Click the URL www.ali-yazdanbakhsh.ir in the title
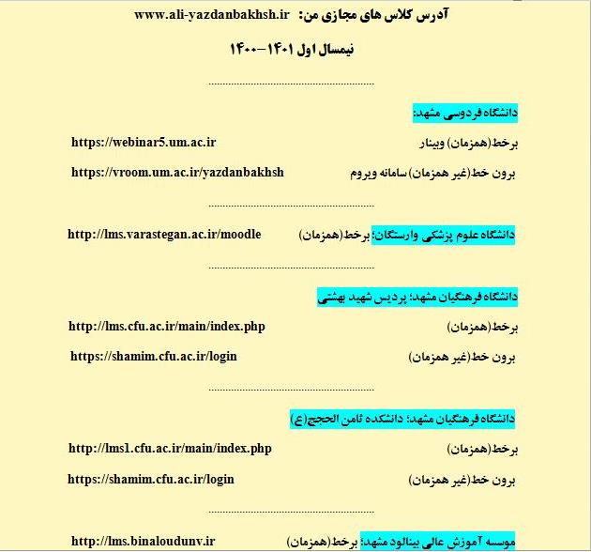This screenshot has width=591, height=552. tap(212, 15)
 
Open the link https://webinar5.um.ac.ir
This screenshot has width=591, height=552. tap(144, 143)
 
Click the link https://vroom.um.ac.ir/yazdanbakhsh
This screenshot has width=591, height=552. tap(177, 173)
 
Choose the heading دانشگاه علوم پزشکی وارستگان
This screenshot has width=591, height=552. tap(447, 235)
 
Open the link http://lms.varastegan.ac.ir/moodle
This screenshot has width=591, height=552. tap(164, 234)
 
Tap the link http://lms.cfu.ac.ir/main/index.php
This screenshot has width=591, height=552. tap(167, 327)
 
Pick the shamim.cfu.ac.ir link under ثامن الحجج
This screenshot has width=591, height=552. tap(152, 479)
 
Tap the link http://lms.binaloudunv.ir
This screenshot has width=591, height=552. tap(144, 541)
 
